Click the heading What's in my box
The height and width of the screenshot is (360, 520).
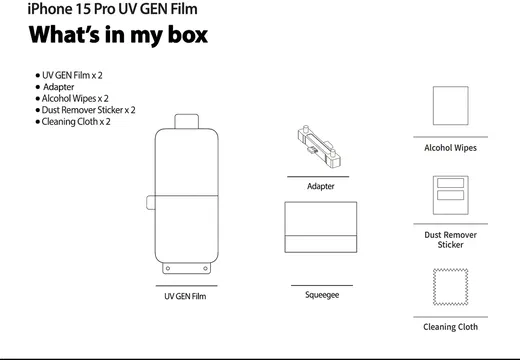point(118,35)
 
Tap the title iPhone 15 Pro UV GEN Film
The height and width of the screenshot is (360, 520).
point(112,9)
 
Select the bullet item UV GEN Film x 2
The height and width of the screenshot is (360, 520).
point(72,75)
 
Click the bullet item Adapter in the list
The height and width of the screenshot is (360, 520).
point(59,87)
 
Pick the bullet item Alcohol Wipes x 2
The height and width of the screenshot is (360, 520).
point(75,99)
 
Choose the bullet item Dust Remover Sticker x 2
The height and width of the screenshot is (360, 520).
point(88,110)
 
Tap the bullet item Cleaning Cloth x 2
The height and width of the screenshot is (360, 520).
point(76,122)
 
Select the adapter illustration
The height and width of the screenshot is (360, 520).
point(319,146)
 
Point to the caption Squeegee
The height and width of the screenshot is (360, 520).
point(322,295)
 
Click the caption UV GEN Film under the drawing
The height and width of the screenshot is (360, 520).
point(185,296)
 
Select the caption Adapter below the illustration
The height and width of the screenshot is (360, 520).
point(321,186)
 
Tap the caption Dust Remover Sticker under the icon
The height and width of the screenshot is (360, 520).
point(451,240)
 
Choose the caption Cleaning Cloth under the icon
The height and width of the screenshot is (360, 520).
point(451,327)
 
